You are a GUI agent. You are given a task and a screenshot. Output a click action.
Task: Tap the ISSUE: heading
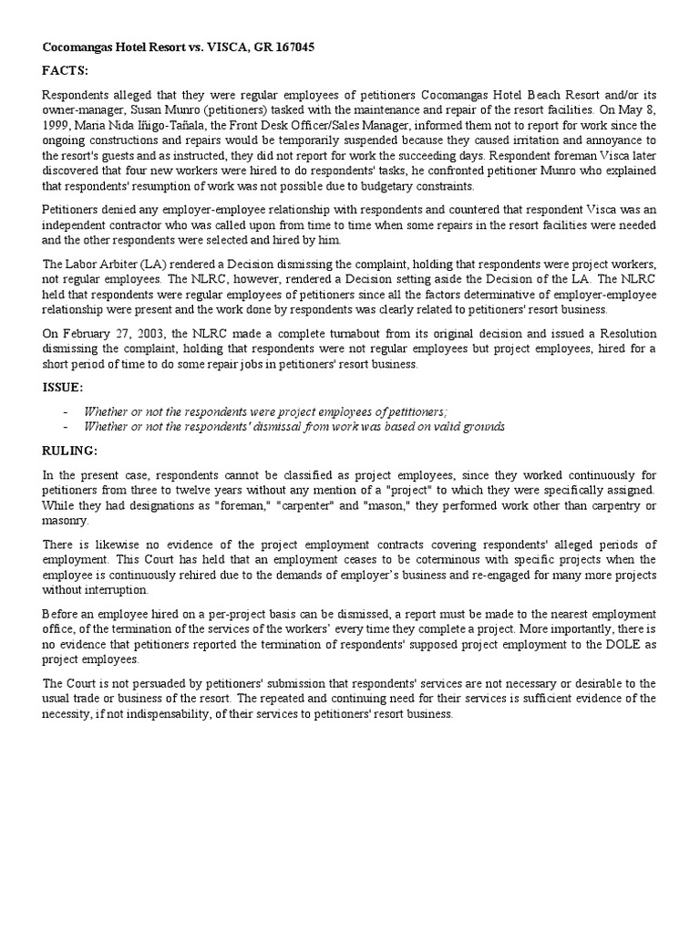tap(63, 388)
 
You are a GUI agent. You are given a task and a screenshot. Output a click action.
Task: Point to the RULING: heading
tap(70, 450)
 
